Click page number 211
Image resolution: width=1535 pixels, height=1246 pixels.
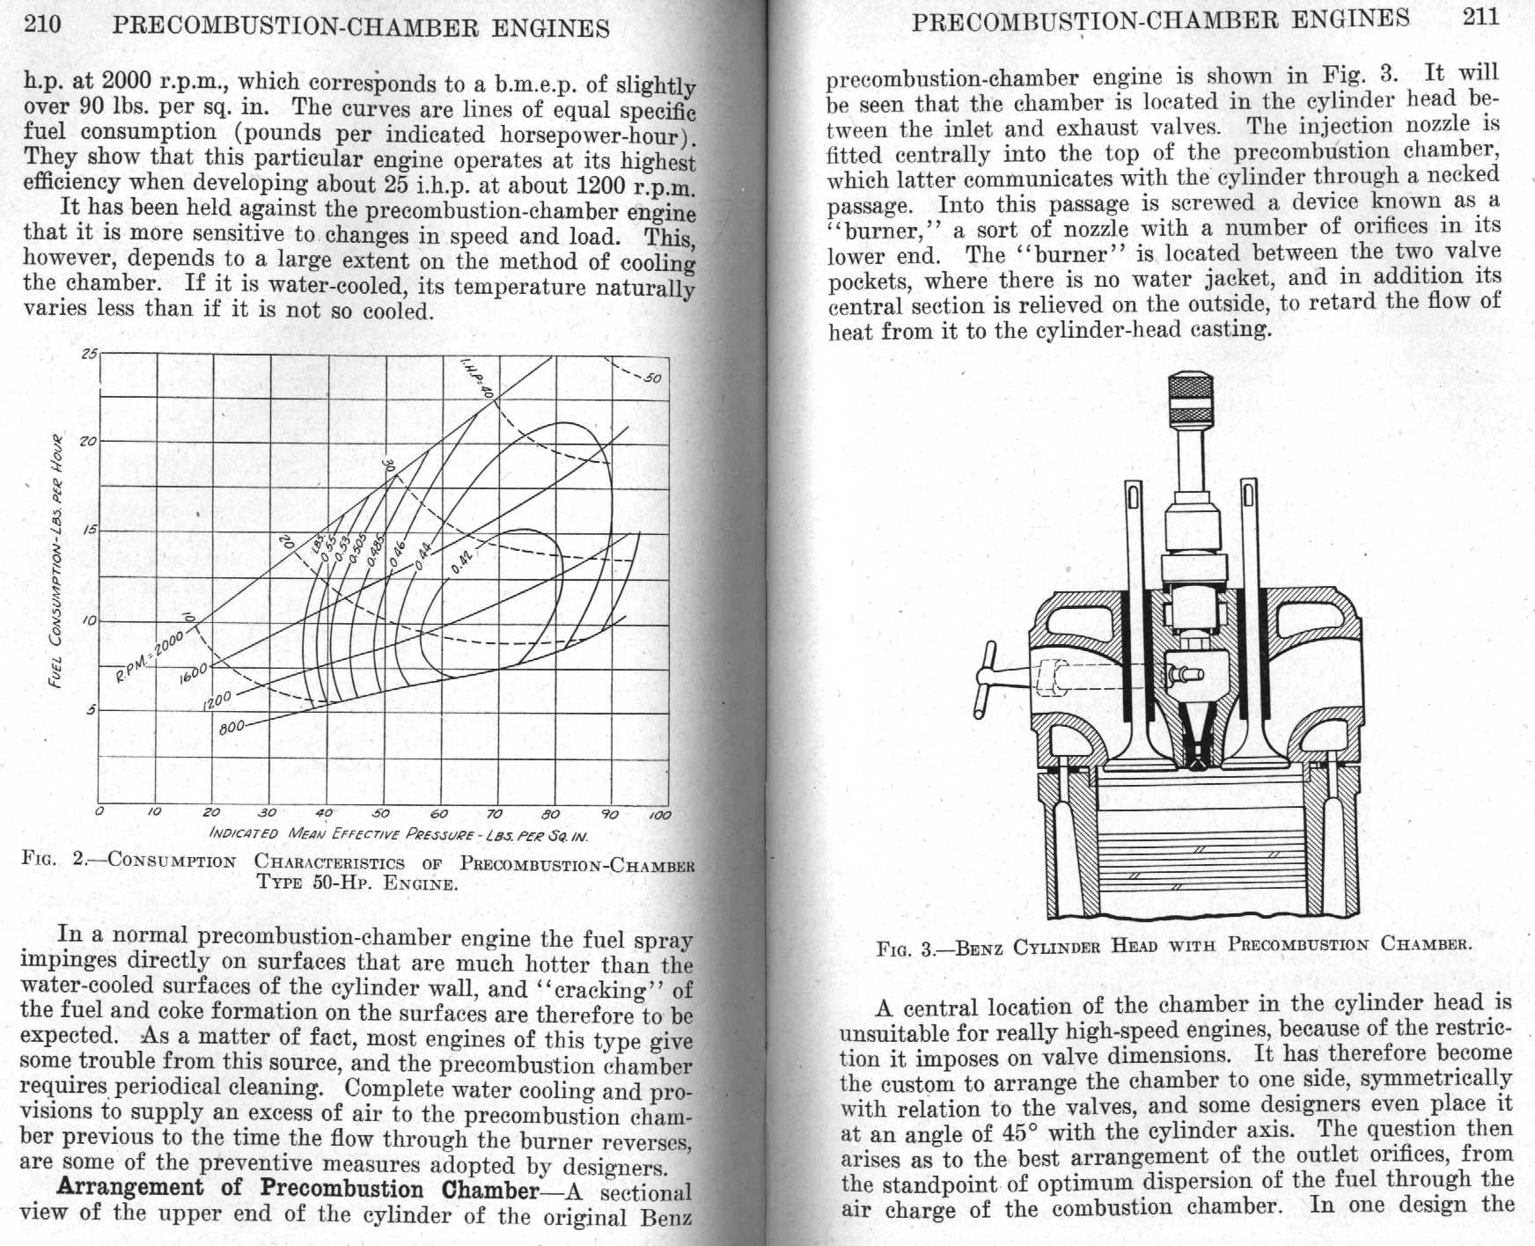(x=1480, y=18)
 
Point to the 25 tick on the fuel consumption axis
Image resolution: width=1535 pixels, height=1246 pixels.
(x=89, y=355)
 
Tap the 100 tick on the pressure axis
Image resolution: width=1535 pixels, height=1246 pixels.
(x=659, y=815)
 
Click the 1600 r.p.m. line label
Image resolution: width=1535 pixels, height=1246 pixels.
(x=193, y=673)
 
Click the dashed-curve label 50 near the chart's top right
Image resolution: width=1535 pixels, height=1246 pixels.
(x=652, y=378)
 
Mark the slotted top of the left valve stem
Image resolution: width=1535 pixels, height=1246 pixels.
(x=1134, y=498)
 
